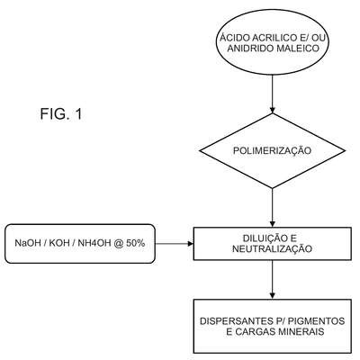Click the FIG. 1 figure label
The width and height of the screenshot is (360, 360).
[61, 114]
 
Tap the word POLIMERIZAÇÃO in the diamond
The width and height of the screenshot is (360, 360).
[272, 150]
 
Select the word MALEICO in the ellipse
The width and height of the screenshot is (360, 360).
[298, 48]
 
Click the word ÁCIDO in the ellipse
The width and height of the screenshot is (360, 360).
[235, 38]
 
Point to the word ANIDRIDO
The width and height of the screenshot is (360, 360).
[250, 48]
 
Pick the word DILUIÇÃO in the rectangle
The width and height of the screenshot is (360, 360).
[261, 238]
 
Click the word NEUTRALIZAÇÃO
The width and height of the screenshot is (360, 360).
[272, 248]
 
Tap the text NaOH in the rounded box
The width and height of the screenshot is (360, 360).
[27, 243]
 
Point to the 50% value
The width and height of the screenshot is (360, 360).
[136, 243]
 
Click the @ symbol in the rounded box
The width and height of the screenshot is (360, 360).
[119, 244]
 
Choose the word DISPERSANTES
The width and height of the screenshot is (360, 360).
[234, 321]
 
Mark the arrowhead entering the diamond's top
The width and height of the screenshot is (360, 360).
[272, 110]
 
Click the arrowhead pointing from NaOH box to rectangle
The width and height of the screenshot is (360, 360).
[191, 244]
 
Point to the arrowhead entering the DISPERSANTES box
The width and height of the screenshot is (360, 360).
[272, 296]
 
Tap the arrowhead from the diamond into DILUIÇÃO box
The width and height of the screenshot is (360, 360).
[272, 224]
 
